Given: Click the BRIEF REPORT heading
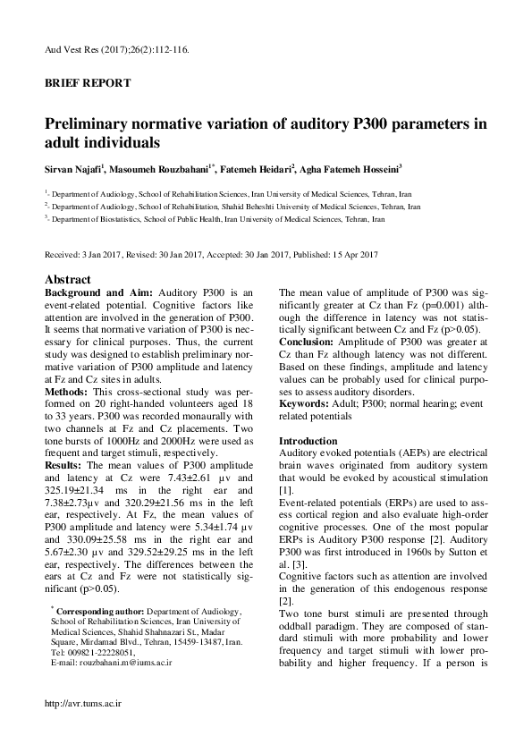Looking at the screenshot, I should (x=88, y=83).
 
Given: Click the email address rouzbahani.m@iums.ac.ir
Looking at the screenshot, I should (x=122, y=664).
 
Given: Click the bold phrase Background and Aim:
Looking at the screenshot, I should (x=99, y=292).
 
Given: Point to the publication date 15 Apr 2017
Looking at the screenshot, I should (x=350, y=254).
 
